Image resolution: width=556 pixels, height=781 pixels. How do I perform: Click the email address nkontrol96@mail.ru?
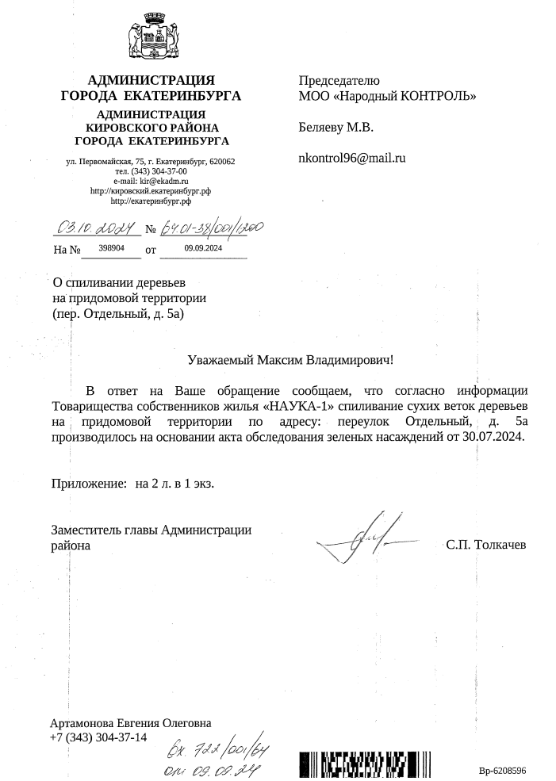coord(351,158)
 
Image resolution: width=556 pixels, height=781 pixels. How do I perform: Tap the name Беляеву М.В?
coord(336,127)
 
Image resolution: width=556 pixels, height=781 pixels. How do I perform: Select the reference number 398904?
coord(112,248)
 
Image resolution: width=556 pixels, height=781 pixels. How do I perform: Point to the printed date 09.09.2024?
coord(203,248)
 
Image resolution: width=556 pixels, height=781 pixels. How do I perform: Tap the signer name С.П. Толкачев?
coord(485,546)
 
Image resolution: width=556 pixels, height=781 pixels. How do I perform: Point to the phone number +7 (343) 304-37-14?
coord(98,737)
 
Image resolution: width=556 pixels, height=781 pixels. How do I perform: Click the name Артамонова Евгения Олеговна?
coord(131,722)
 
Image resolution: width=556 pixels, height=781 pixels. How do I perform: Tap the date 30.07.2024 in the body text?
coord(493,436)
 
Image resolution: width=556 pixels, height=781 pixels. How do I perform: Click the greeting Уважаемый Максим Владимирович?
coord(291,360)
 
